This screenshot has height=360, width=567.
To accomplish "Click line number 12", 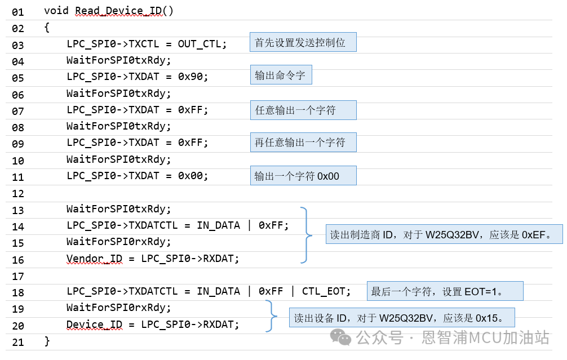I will click(17, 193).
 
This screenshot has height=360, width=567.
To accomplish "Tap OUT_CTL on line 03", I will click(202, 44).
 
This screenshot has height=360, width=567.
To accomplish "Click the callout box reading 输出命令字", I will click(281, 75).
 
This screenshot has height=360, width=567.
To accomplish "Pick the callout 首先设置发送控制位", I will click(303, 43).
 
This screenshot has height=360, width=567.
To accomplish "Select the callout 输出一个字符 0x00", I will click(303, 176).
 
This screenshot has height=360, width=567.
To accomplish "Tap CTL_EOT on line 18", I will click(326, 291).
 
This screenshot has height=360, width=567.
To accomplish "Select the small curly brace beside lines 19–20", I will click(272, 316).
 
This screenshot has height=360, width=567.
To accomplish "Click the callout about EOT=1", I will click(445, 291).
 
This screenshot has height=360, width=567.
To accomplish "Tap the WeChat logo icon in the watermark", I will click(340, 337).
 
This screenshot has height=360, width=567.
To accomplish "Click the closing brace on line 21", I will click(47, 341).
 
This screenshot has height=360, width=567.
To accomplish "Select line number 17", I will click(17, 276).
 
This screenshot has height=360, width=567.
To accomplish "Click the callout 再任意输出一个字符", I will click(303, 143).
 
